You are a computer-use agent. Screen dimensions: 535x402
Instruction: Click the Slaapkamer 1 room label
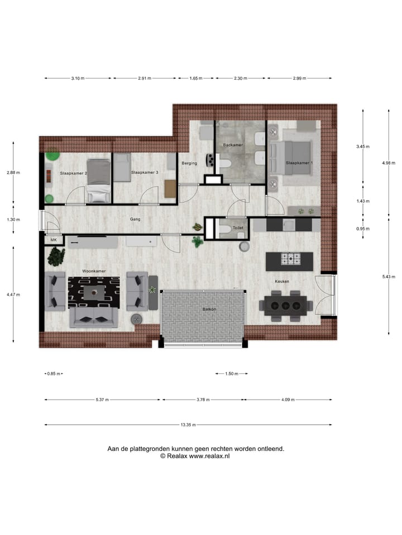click(300, 163)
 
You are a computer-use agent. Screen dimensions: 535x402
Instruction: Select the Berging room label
click(190, 163)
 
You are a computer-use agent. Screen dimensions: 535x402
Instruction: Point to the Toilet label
click(238, 228)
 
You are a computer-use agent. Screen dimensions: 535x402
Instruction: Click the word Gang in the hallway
click(135, 220)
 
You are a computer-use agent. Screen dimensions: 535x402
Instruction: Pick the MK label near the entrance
click(54, 240)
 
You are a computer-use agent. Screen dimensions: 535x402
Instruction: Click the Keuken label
click(281, 281)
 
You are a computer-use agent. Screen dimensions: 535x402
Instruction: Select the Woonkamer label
click(94, 271)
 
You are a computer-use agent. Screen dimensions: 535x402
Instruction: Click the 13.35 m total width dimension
click(188, 425)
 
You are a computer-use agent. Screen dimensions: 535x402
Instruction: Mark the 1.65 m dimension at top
click(195, 79)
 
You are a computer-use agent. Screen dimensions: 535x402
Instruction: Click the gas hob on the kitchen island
click(290, 259)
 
